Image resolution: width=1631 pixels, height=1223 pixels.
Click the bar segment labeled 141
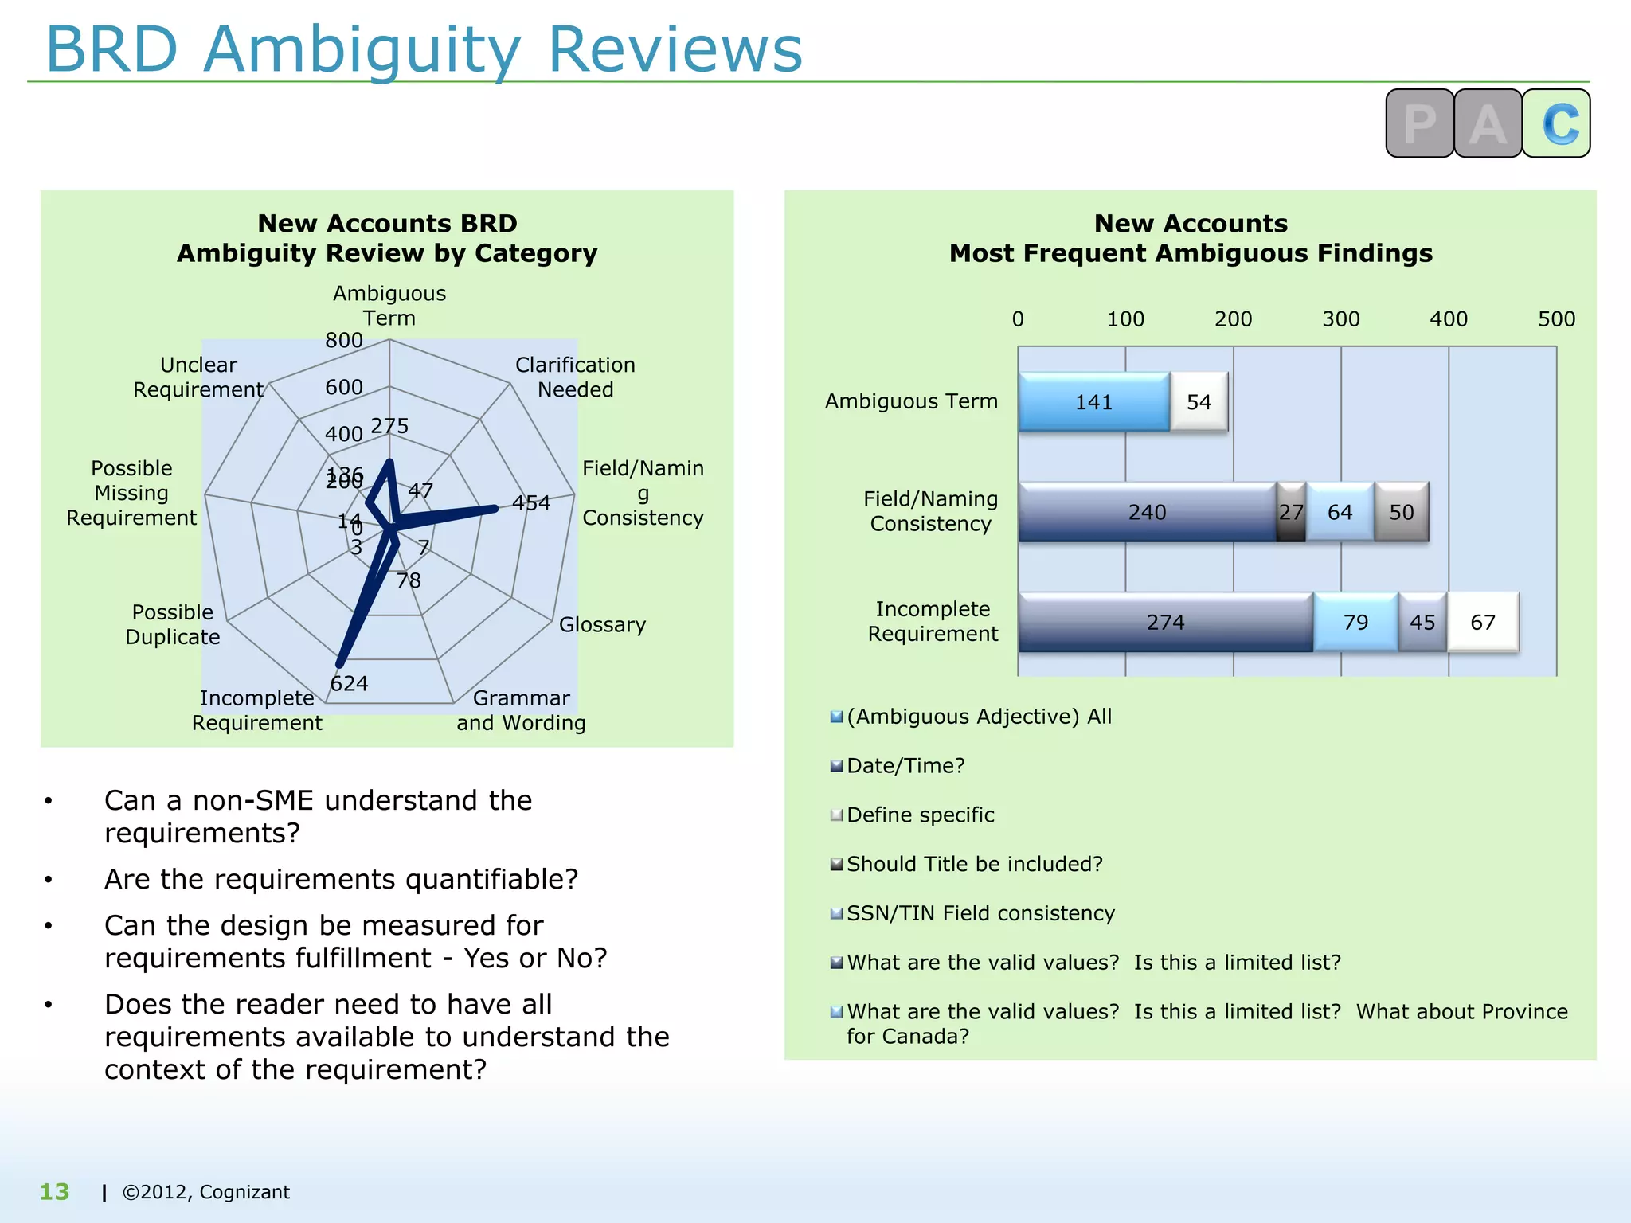[x=1093, y=402]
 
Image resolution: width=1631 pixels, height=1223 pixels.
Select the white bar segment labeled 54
[x=1199, y=402]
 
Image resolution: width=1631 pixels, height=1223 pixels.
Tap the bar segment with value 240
[x=1147, y=512]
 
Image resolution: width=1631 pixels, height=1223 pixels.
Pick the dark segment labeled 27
[x=1291, y=512]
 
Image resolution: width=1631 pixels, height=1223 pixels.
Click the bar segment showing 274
[x=1165, y=622]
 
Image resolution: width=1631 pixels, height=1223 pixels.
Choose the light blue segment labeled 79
[x=1355, y=622]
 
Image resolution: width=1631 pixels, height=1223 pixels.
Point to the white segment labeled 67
[x=1482, y=622]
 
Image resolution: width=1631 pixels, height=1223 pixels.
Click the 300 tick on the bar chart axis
[x=1341, y=319]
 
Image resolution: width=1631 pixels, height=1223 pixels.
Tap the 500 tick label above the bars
[x=1556, y=319]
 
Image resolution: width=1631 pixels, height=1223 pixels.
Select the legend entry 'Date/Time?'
[x=905, y=766]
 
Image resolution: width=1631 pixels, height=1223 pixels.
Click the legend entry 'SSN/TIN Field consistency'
[x=980, y=913]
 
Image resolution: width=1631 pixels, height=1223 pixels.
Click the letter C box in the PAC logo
[x=1557, y=123]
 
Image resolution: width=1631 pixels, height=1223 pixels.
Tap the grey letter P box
[x=1420, y=123]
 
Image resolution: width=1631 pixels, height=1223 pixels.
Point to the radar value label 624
[x=349, y=684]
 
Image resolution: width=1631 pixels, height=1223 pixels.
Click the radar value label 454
[x=531, y=503]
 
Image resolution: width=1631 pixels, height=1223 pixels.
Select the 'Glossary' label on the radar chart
[x=602, y=625]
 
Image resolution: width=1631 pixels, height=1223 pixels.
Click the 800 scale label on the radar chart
[x=344, y=341]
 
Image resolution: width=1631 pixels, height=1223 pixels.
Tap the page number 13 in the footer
[x=55, y=1192]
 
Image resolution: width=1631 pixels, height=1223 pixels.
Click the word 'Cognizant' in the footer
[x=244, y=1192]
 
